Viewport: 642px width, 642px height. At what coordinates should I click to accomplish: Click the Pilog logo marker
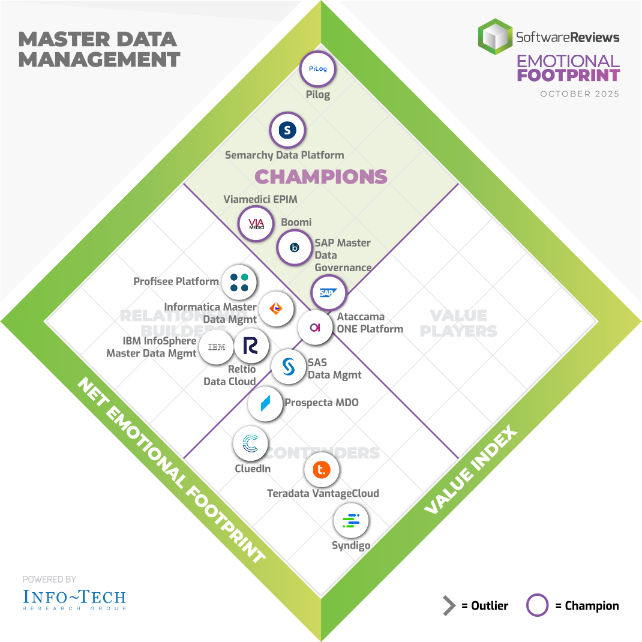pyautogui.click(x=317, y=69)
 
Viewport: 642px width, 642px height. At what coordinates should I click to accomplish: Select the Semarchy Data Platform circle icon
pyautogui.click(x=287, y=130)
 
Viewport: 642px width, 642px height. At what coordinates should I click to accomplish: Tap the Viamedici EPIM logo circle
pyautogui.click(x=256, y=224)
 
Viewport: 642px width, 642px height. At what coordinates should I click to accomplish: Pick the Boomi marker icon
pyautogui.click(x=294, y=247)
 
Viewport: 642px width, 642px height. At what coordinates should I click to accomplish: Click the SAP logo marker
pyautogui.click(x=328, y=292)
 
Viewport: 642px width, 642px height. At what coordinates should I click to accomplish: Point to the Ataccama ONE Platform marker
pyautogui.click(x=316, y=327)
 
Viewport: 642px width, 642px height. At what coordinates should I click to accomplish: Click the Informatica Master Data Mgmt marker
pyautogui.click(x=277, y=308)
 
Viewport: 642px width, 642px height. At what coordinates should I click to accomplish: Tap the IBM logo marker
pyautogui.click(x=217, y=347)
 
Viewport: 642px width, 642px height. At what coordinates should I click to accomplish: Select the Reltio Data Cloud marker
pyautogui.click(x=251, y=346)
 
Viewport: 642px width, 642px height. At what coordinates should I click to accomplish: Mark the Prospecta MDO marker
pyautogui.click(x=265, y=404)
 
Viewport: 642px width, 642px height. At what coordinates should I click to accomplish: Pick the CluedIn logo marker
pyautogui.click(x=250, y=444)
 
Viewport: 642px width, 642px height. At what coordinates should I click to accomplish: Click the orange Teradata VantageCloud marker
pyautogui.click(x=322, y=470)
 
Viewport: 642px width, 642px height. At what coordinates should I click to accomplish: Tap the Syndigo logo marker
pyautogui.click(x=350, y=521)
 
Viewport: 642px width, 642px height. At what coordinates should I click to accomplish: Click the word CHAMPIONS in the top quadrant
pyautogui.click(x=321, y=176)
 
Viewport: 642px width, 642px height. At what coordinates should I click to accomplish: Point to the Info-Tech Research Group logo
pyautogui.click(x=74, y=599)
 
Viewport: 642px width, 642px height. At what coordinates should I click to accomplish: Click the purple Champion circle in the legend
pyautogui.click(x=537, y=605)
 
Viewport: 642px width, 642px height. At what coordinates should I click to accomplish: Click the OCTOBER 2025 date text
pyautogui.click(x=580, y=94)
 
